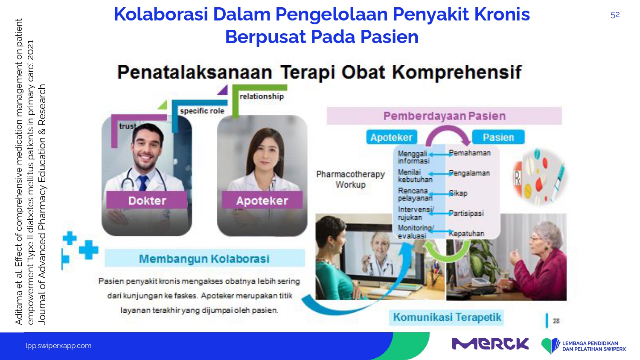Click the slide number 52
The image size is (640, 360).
[615, 15]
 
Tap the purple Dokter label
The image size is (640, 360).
[147, 200]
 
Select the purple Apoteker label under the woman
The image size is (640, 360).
[262, 200]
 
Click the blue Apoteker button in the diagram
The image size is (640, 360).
[391, 137]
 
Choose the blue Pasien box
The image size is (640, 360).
[498, 137]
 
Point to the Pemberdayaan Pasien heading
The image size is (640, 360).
[444, 116]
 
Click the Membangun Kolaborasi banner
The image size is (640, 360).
[204, 258]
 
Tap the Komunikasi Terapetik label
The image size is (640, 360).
[447, 317]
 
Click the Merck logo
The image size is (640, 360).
[490, 344]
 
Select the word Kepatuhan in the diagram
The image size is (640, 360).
[466, 233]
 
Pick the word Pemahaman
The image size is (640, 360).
[469, 153]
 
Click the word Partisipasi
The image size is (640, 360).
[466, 213]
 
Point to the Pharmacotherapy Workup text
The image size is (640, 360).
[351, 179]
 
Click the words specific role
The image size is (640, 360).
[202, 111]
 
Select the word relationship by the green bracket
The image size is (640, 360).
[262, 96]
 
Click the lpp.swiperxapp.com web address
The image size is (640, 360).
[58, 346]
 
